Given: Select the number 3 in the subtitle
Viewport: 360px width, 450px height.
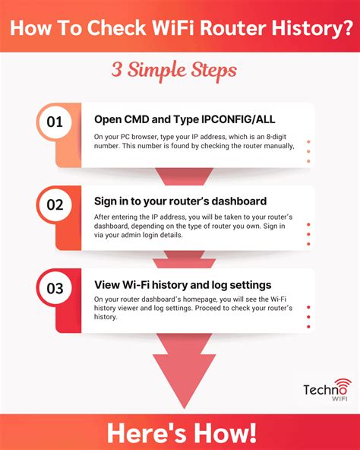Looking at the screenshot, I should coord(117,70).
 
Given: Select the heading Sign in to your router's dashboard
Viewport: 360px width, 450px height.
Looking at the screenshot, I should coord(180,202).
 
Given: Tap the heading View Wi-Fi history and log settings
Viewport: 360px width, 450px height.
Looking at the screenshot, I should coord(183,286).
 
